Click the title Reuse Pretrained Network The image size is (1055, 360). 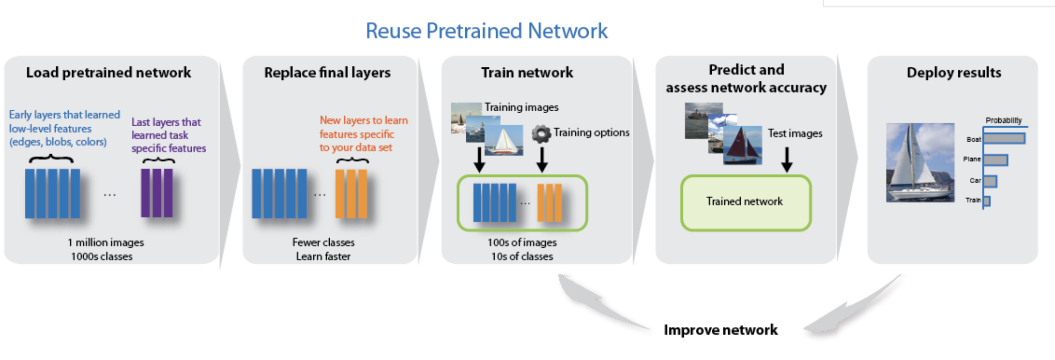pos(486,31)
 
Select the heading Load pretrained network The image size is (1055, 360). pos(108,72)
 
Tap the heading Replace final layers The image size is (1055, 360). pos(327,72)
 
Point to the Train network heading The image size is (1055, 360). pos(527,72)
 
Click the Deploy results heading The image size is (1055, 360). pos(954,72)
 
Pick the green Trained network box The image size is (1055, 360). pos(746,202)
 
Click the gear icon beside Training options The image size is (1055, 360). pos(542,134)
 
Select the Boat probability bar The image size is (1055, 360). pos(1004,138)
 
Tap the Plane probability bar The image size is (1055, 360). pos(996,160)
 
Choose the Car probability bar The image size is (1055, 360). pos(990,181)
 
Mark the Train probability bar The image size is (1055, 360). pos(987,201)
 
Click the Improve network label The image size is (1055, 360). pos(721,330)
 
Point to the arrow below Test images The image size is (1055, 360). pos(787,160)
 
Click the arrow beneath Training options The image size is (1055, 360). pos(542,160)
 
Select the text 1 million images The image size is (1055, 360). pos(106,242)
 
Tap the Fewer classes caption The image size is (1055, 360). pos(323,242)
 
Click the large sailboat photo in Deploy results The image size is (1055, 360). pos(920,163)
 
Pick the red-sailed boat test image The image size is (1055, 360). pos(743,145)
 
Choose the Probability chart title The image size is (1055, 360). pos(1004,121)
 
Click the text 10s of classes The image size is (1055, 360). pos(522,256)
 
